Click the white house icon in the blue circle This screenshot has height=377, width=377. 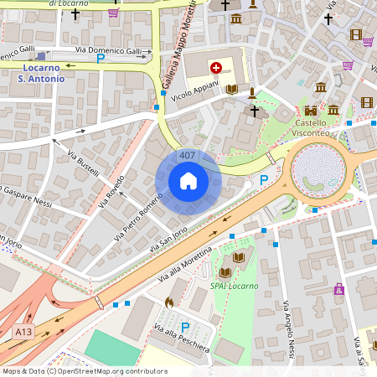click(188, 181)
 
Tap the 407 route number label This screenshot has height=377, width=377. click(188, 156)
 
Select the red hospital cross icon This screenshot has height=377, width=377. click(216, 67)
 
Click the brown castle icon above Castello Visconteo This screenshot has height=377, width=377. click(311, 111)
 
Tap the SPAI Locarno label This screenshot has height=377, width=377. click(234, 286)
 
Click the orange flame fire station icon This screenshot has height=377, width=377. click(168, 302)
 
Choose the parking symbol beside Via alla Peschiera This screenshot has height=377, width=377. click(185, 327)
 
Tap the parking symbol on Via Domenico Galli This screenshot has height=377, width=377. click(101, 59)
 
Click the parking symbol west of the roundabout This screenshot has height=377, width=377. click(264, 179)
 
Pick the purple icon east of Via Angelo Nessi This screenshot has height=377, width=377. click(339, 289)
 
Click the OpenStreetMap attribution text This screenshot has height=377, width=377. click(84, 371)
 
